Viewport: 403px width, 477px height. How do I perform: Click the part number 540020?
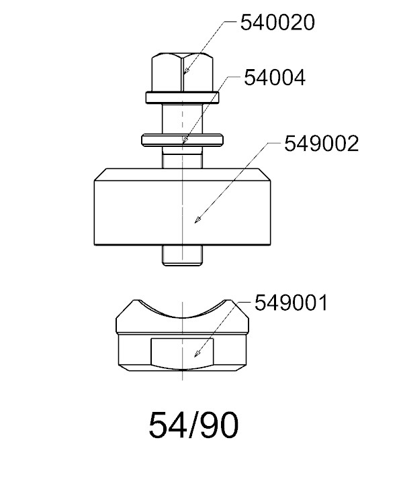pos(277,23)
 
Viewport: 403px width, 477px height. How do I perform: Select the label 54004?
pos(275,78)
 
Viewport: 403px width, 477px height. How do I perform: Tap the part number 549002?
pos(321,144)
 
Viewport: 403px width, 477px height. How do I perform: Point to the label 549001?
pos(291,303)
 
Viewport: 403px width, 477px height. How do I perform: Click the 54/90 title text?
pos(193,425)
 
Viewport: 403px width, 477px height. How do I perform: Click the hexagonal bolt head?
pos(182,72)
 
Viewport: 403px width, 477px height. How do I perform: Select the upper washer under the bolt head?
pos(182,98)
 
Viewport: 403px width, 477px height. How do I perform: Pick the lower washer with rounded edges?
pos(182,140)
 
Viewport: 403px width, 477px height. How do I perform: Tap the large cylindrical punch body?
pos(182,207)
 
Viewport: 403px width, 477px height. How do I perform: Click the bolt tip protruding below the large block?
pos(182,256)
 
